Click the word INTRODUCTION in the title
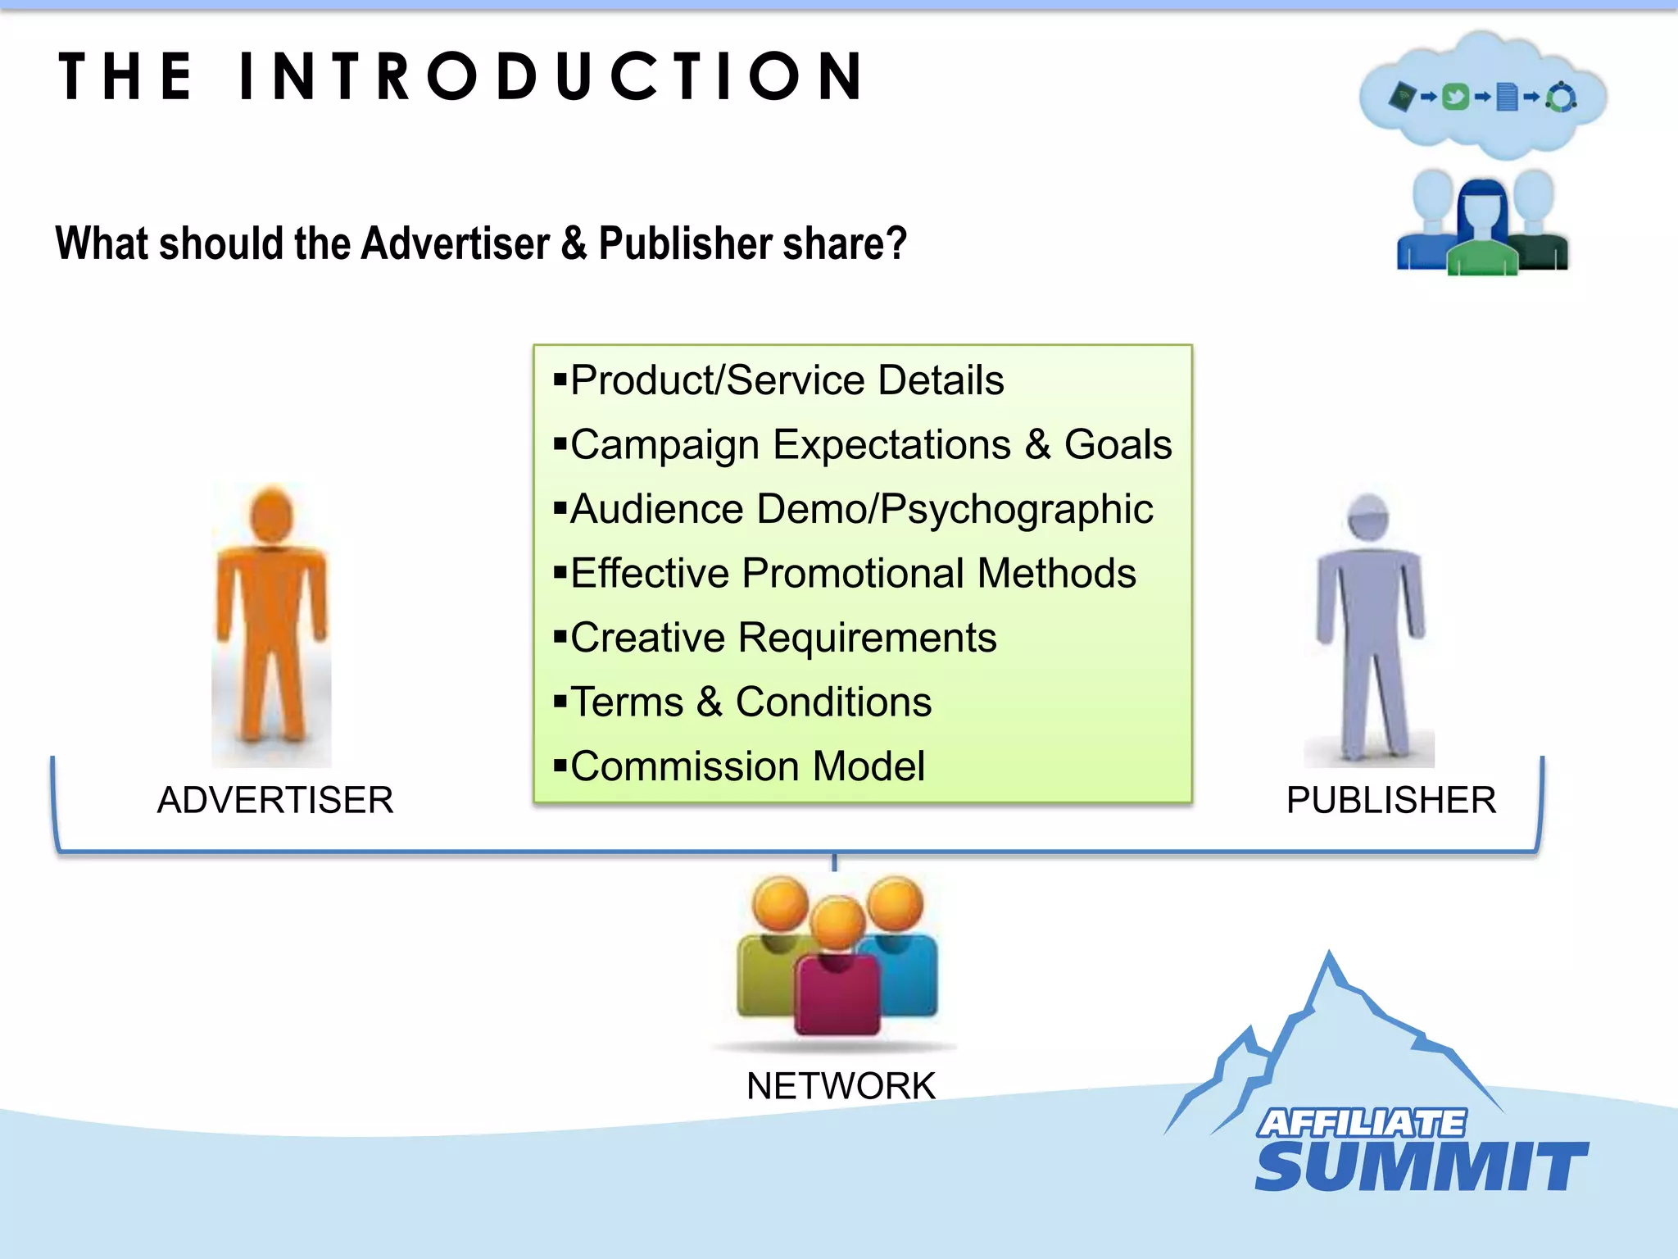551,76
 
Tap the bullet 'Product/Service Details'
787,380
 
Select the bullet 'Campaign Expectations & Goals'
870,445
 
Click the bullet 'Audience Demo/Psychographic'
861,509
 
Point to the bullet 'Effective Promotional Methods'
853,573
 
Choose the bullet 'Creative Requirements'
783,638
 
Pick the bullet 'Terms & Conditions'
751,702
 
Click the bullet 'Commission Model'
747,766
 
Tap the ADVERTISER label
275,800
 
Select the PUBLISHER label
1391,800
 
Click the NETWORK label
841,1086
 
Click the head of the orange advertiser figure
271,515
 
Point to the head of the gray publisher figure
1368,517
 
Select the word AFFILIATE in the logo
1362,1123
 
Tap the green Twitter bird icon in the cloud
1455,98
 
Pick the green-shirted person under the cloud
1482,238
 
